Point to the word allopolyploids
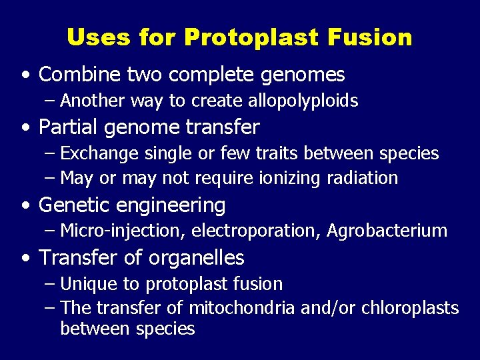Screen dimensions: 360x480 304,101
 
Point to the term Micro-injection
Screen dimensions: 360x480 123,231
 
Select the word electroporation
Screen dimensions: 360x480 257,231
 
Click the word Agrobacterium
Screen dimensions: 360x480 387,231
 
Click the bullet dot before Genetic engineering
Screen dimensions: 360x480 25,205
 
